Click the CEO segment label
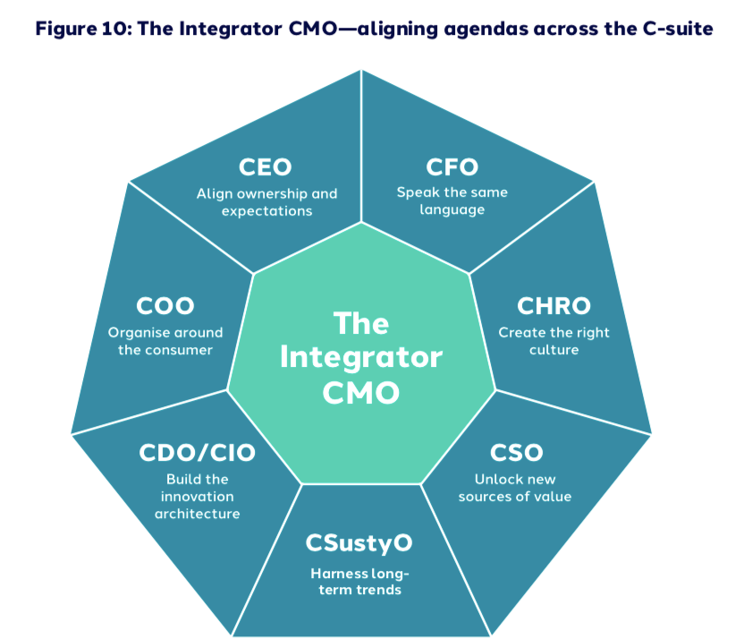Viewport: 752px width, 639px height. (x=266, y=167)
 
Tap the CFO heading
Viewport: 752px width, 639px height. (x=452, y=167)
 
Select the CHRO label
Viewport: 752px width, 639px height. (x=553, y=306)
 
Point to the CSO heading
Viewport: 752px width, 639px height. (x=516, y=452)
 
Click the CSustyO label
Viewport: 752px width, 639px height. (x=359, y=543)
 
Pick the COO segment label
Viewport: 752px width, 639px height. (x=165, y=306)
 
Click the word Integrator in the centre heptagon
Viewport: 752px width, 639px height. (x=360, y=357)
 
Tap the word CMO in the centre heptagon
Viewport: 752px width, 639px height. (x=360, y=393)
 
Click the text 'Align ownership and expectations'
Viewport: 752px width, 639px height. (x=266, y=202)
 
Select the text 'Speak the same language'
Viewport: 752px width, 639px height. (x=452, y=201)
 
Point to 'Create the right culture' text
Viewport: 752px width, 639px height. (x=554, y=341)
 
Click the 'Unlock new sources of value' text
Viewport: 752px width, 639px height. (x=515, y=488)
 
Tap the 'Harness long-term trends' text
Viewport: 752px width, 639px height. (x=359, y=582)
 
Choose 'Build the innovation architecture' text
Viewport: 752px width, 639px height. (x=198, y=497)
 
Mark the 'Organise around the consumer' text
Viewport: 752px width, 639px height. (x=165, y=341)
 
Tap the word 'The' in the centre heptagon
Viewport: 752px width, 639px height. (x=360, y=321)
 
